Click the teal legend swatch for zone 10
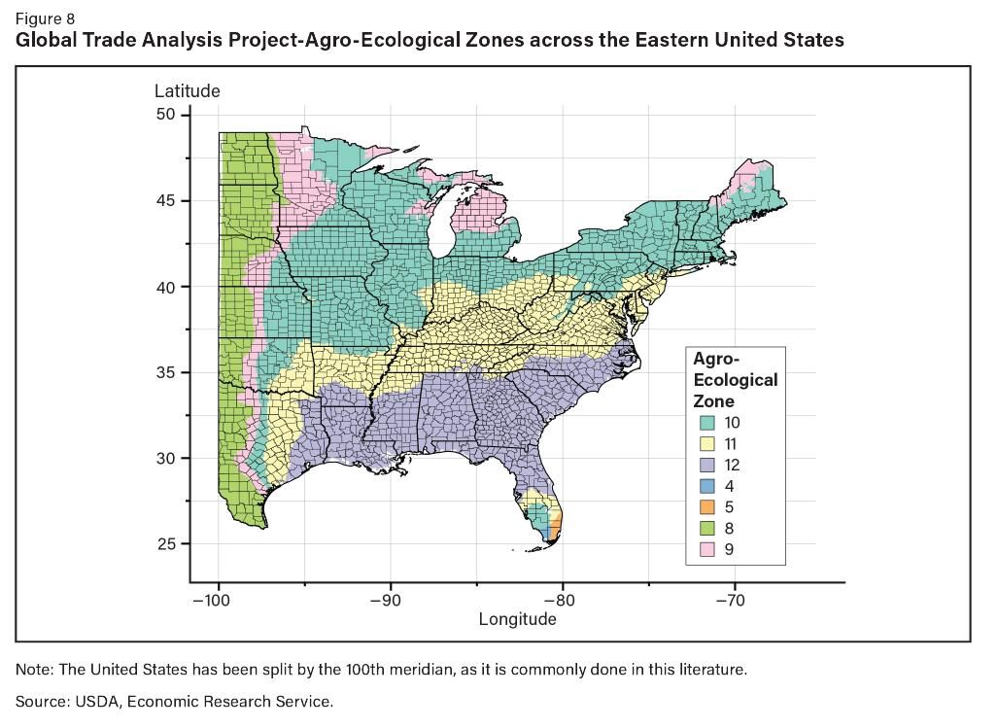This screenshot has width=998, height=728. point(707,423)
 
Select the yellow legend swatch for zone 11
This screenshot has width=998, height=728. point(707,444)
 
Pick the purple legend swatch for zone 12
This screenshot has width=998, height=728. point(707,466)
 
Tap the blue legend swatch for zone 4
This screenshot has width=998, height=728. point(707,486)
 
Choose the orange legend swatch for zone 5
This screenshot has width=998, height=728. point(707,507)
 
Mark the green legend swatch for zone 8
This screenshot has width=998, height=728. point(707,529)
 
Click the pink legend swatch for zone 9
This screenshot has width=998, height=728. point(707,549)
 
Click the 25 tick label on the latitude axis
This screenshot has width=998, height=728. point(166,544)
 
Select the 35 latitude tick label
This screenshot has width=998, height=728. point(166,372)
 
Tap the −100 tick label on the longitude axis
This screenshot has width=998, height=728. point(211,601)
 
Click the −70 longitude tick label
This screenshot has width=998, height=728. point(730,601)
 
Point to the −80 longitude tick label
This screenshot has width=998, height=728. point(558,601)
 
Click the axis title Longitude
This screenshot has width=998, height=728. point(517,619)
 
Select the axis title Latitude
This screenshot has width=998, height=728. point(188,90)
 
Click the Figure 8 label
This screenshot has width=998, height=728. point(45,18)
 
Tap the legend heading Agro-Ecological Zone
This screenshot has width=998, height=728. point(735,380)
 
